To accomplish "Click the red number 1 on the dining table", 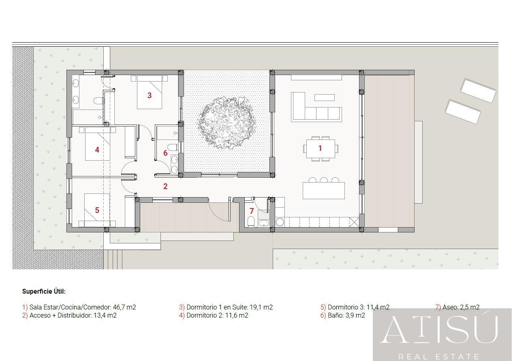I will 320,148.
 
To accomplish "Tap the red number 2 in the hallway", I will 165,187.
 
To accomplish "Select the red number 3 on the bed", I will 150,95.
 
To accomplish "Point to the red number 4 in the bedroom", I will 97,150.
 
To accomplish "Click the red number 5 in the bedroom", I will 97,210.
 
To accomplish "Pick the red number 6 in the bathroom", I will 165,153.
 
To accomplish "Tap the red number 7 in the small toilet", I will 252,211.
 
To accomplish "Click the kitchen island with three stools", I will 324,190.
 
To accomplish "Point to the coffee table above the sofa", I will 325,97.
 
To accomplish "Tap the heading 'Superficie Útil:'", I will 44,291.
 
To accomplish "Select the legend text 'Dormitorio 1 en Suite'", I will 216,307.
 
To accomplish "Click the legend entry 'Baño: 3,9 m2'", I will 346,315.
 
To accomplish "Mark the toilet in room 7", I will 250,221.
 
